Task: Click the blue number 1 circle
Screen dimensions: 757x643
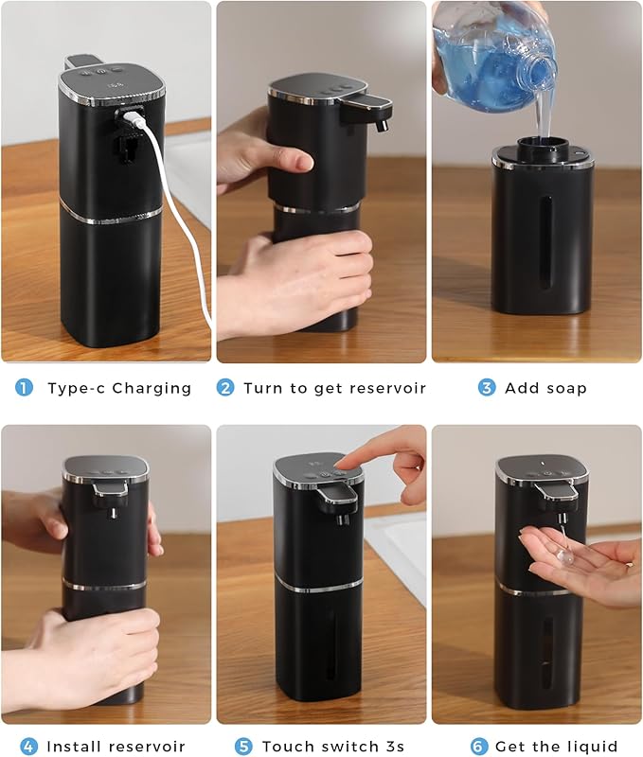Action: [25, 388]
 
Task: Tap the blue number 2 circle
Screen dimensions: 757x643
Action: [225, 388]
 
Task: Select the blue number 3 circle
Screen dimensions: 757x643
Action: [486, 388]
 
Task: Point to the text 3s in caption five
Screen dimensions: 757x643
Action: [393, 747]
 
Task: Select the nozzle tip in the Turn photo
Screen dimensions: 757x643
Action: [383, 125]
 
